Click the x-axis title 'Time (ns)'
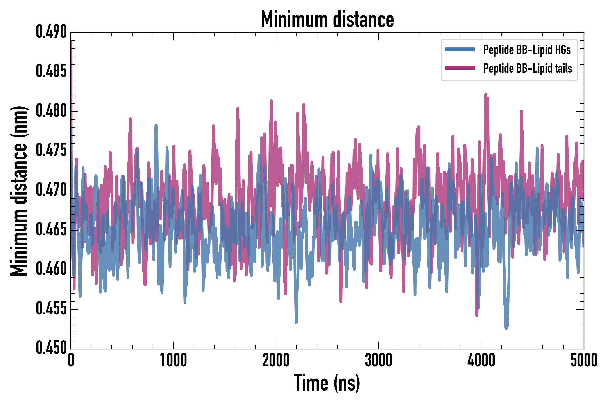(327, 383)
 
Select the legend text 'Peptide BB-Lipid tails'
(528, 68)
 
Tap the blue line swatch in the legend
(460, 49)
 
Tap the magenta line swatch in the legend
(460, 68)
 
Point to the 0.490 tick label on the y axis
(51, 32)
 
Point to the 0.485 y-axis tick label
(51, 72)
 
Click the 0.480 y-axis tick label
(51, 111)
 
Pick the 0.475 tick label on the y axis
(51, 151)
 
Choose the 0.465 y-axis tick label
(51, 230)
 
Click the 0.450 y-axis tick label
(51, 348)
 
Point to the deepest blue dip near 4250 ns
(506, 328)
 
